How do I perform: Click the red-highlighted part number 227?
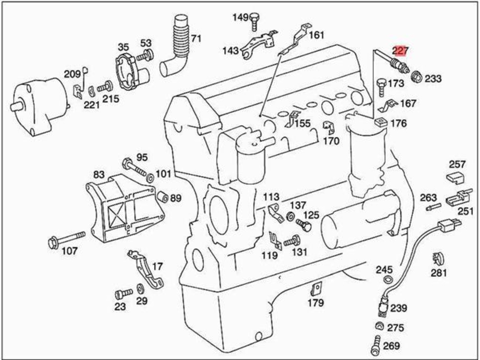(x=401, y=50)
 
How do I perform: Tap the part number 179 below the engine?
(x=316, y=302)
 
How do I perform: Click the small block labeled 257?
(x=455, y=178)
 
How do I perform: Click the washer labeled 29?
(x=140, y=288)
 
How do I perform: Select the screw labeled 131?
(x=292, y=241)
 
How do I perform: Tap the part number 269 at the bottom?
(x=391, y=345)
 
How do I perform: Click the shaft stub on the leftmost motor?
(x=16, y=106)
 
